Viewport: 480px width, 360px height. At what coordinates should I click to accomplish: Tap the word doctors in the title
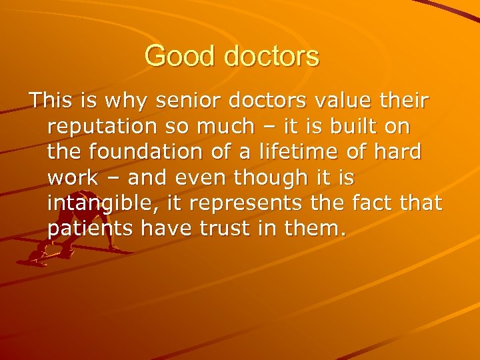[x=271, y=56]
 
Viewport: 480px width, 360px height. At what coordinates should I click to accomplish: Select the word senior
[x=184, y=102]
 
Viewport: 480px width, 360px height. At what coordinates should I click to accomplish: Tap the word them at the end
[x=318, y=228]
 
